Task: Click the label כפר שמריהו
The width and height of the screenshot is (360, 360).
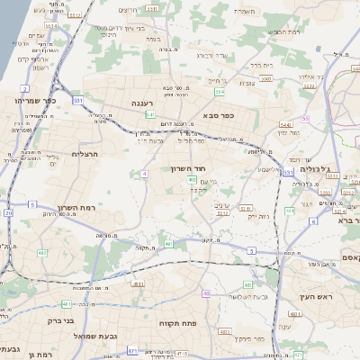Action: (35, 100)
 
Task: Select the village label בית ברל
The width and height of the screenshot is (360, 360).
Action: (261, 65)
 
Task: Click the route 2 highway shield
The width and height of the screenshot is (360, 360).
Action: (24, 88)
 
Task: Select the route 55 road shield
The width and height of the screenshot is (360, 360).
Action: (305, 119)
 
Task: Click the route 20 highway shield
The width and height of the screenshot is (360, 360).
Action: (8, 213)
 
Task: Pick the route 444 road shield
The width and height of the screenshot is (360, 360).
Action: (290, 210)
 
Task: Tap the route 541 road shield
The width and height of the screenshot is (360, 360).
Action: (151, 115)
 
